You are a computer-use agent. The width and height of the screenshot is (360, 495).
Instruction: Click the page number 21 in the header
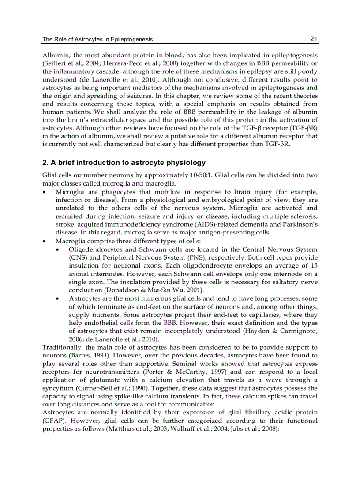pyautogui.click(x=314, y=39)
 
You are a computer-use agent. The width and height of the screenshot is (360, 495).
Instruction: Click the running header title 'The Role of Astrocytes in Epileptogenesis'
pyautogui.click(x=97, y=40)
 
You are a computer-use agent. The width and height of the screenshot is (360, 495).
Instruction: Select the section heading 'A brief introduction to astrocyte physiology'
pyautogui.click(x=128, y=163)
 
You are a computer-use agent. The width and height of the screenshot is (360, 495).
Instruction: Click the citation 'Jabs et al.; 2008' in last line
pyautogui.click(x=254, y=428)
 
